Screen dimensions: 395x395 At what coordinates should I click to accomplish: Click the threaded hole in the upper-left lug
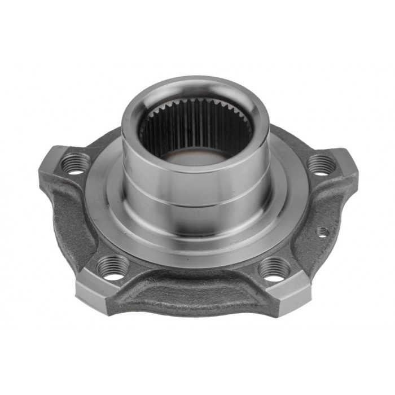coord(75,164)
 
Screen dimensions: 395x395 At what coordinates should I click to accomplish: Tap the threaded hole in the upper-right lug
coord(322,165)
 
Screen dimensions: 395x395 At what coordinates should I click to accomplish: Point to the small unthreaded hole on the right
coord(322,231)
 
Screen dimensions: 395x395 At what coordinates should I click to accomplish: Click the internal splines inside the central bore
coord(195,121)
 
